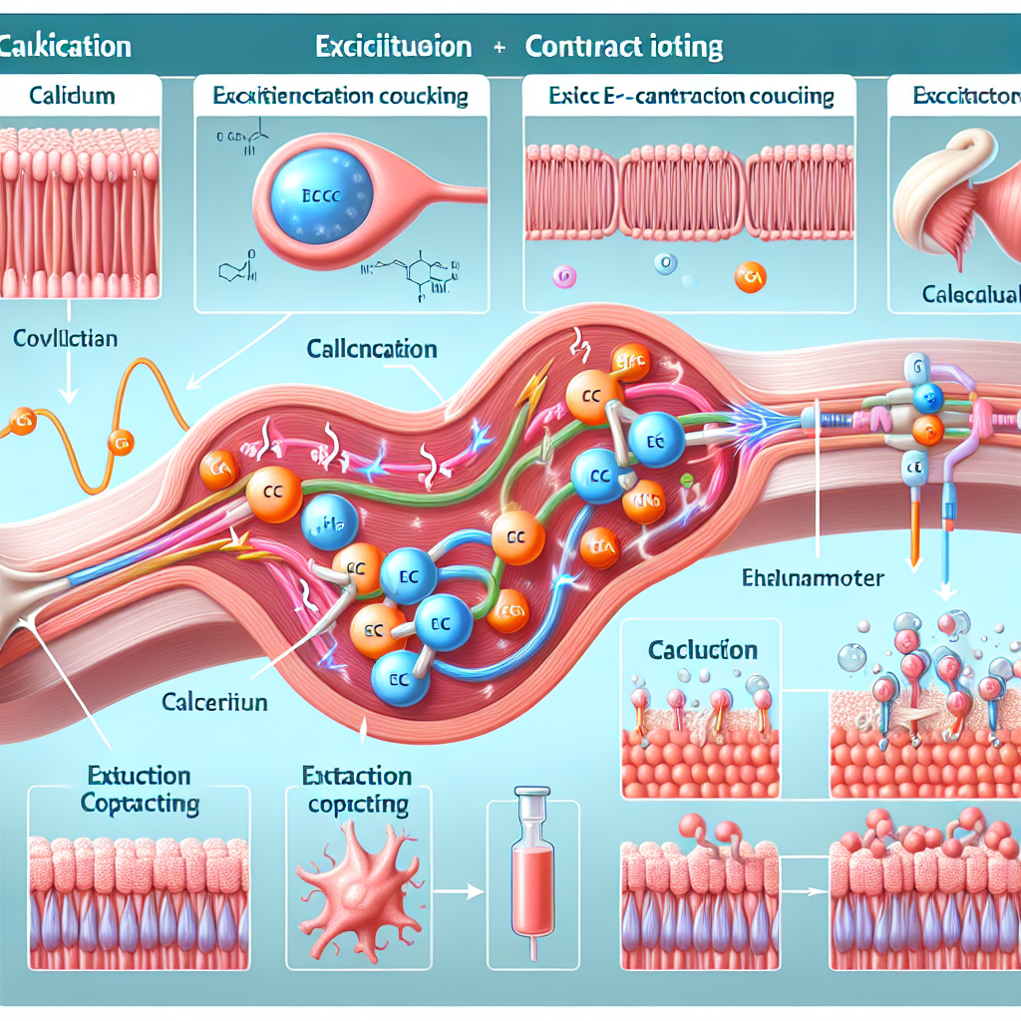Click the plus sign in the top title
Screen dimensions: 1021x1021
pyautogui.click(x=499, y=47)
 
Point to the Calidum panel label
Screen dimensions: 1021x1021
pyautogui.click(x=72, y=97)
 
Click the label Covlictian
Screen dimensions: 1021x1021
pyautogui.click(x=66, y=338)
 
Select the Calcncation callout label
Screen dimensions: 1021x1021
pyautogui.click(x=372, y=350)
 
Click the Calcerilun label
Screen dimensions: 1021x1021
pyautogui.click(x=214, y=703)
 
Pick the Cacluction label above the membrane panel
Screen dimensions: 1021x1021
pyautogui.click(x=702, y=650)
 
